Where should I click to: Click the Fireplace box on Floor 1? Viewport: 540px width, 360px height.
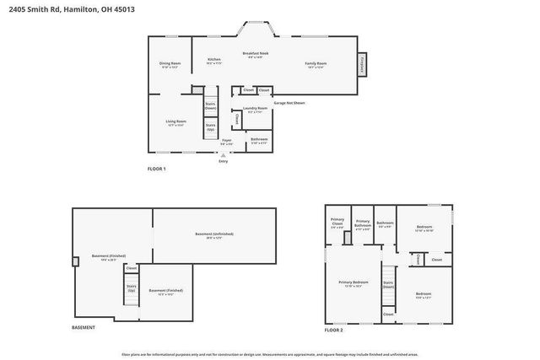363,65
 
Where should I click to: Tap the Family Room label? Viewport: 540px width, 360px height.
316,64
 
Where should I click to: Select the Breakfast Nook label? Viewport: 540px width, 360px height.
255,55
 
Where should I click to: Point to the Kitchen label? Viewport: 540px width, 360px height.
213,61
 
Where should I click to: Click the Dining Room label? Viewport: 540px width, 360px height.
170,65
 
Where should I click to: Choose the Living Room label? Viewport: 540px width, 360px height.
175,123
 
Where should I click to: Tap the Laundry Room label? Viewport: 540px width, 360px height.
255,110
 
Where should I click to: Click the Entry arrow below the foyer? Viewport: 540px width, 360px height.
224,154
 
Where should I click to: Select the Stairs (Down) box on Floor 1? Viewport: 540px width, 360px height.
210,106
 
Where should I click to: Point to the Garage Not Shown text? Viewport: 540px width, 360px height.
289,103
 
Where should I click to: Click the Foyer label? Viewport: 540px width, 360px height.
227,142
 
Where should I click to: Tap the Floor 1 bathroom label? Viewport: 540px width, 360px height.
260,140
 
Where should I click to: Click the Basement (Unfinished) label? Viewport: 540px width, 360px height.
213,235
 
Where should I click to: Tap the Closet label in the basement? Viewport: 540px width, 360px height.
132,268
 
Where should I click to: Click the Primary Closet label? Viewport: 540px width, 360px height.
337,225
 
